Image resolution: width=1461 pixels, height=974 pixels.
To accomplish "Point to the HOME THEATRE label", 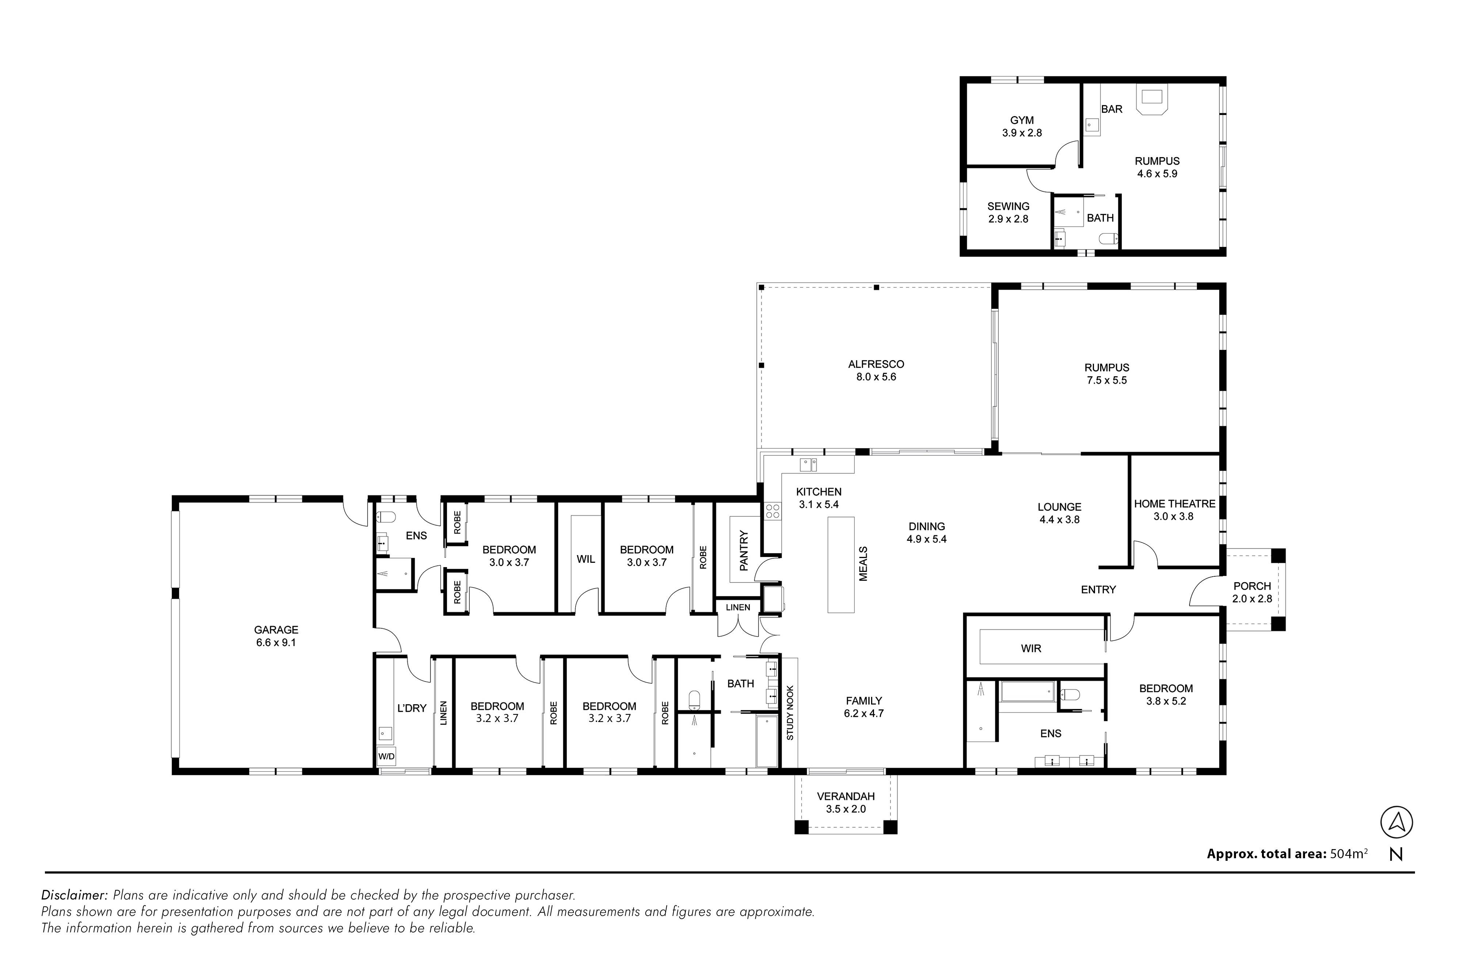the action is click(x=1175, y=504).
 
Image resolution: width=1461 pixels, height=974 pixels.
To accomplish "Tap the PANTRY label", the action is click(x=744, y=550).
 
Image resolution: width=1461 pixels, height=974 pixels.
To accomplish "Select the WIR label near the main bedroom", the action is click(x=1031, y=649).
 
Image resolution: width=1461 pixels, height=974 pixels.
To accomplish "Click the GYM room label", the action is click(x=1022, y=121).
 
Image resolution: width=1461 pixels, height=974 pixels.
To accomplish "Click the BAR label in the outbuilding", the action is click(x=1112, y=109).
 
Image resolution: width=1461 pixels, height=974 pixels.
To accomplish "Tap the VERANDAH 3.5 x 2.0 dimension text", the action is click(x=846, y=809).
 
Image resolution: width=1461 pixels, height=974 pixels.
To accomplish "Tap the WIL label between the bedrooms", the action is click(x=586, y=559).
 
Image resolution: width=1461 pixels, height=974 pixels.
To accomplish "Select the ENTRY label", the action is click(x=1098, y=589).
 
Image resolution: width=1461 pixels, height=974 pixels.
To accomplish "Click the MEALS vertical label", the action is click(x=863, y=564).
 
